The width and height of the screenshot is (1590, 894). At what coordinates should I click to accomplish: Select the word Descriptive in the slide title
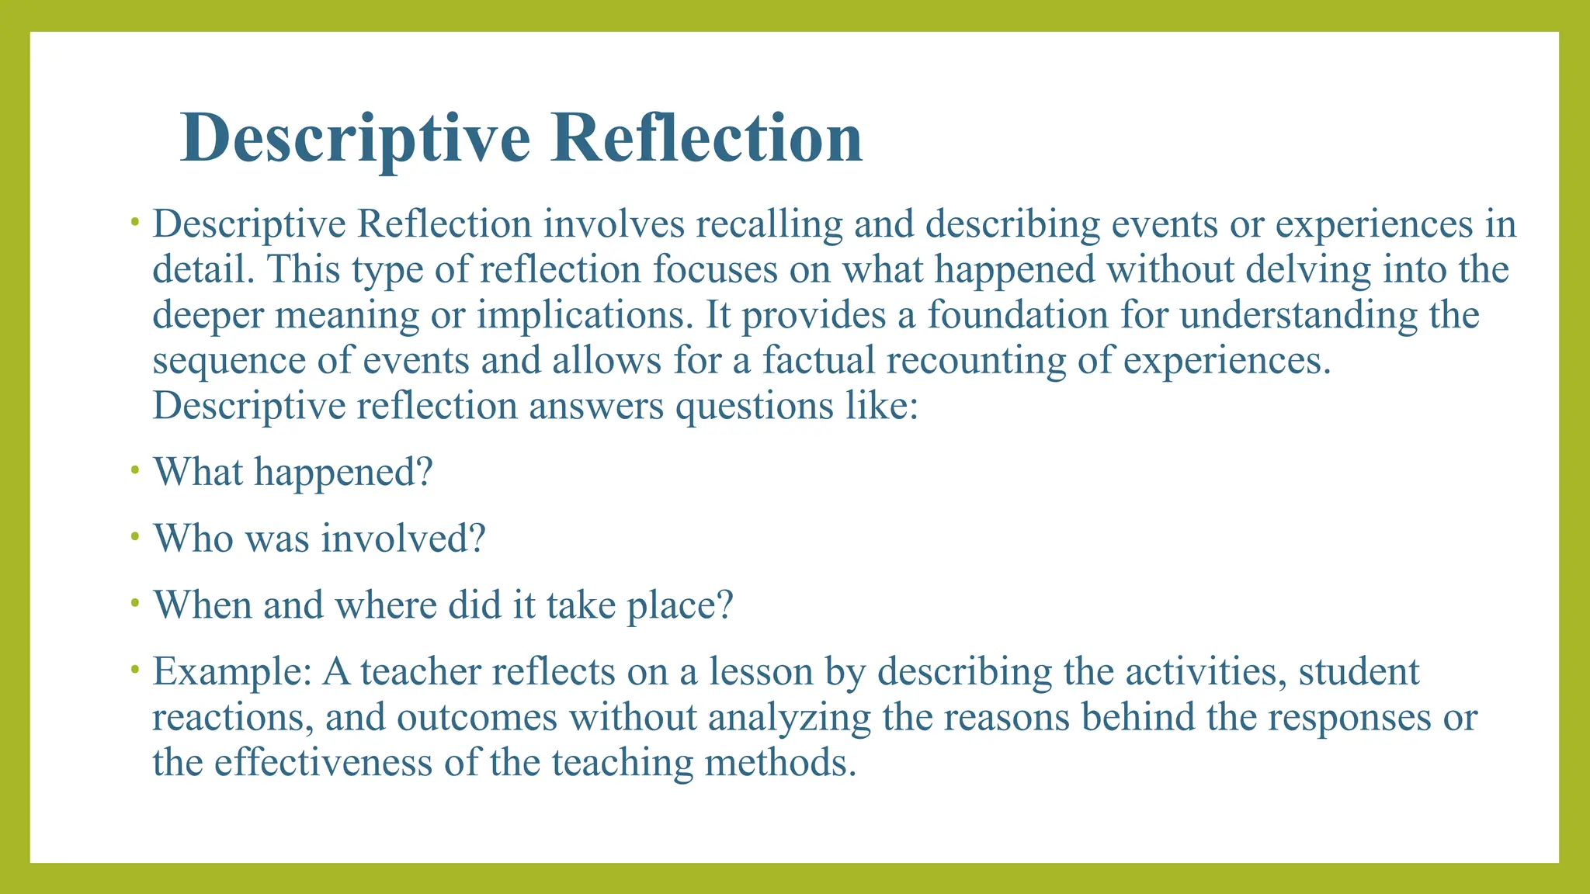(x=356, y=138)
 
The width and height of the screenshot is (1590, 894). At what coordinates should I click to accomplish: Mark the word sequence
(x=233, y=360)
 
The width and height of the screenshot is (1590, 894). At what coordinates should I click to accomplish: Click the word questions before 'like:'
(x=754, y=406)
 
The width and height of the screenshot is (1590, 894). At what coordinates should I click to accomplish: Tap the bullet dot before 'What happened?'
(x=135, y=470)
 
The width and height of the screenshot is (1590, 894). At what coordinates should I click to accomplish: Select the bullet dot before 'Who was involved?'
(x=135, y=536)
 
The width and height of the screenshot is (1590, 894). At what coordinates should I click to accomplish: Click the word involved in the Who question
(x=403, y=539)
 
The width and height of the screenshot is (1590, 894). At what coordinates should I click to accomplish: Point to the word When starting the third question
(x=203, y=605)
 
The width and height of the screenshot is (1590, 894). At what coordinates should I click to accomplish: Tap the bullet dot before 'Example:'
(x=135, y=669)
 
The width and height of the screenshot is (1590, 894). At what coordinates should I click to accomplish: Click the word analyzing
(x=790, y=718)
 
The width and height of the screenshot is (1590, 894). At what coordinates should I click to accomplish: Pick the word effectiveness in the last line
(x=323, y=763)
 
